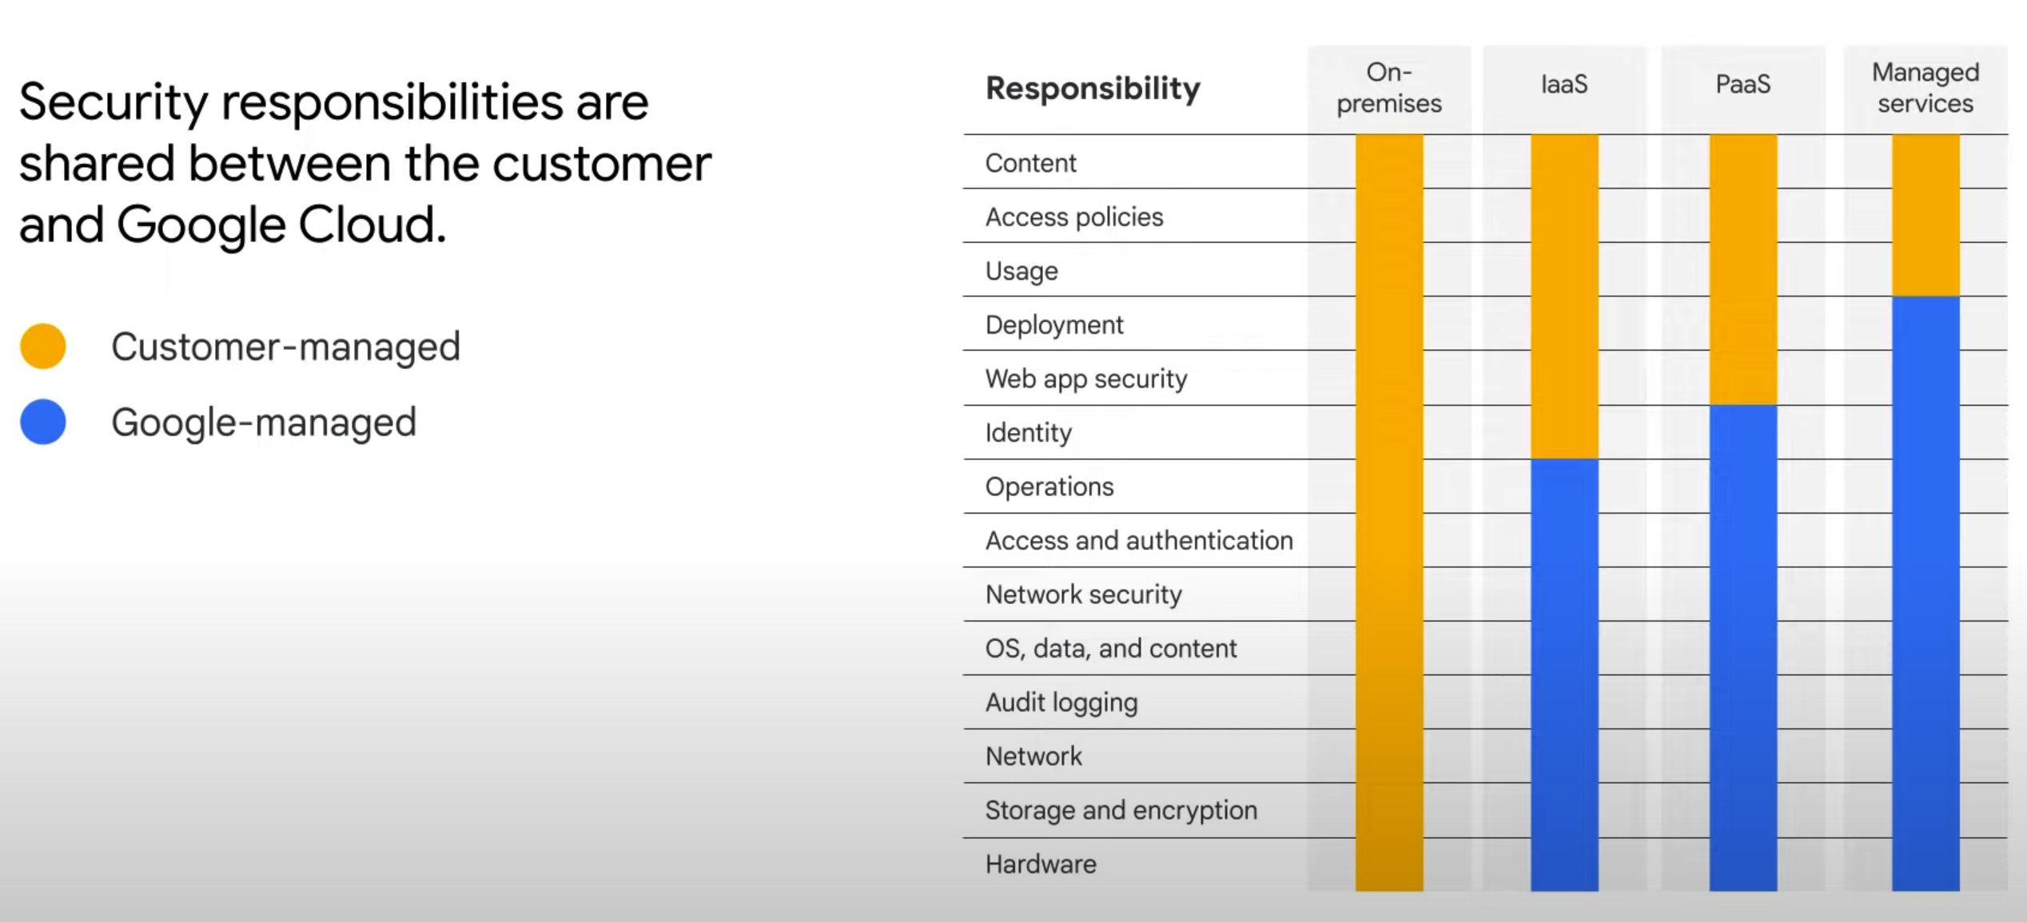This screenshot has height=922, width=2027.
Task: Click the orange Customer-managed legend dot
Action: pos(43,346)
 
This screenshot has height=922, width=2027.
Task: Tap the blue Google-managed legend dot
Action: pos(43,422)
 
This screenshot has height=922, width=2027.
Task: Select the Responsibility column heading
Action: pos(1093,88)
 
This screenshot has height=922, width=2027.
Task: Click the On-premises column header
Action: pos(1389,88)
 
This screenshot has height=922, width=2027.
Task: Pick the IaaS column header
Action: pos(1564,85)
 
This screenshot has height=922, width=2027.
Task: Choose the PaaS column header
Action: pos(1743,85)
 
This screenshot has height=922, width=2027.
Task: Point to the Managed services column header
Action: pos(1925,88)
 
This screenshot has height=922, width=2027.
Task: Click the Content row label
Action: pos(1030,163)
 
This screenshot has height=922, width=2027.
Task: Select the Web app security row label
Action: pos(1086,379)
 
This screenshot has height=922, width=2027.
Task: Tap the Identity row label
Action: pos(1028,433)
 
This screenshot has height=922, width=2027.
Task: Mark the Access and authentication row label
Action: pos(1139,541)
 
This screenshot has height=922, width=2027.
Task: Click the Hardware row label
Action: pos(1041,864)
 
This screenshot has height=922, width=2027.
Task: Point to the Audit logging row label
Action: pos(1061,703)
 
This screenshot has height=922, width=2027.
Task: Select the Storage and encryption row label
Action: pos(1121,811)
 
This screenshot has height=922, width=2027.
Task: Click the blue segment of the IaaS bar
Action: pos(1564,675)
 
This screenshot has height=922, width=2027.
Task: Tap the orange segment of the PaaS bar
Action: pos(1743,270)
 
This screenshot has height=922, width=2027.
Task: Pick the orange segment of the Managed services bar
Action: pos(1925,216)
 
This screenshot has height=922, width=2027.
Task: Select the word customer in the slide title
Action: pos(601,164)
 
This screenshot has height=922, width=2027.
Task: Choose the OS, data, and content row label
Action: pos(1111,649)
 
